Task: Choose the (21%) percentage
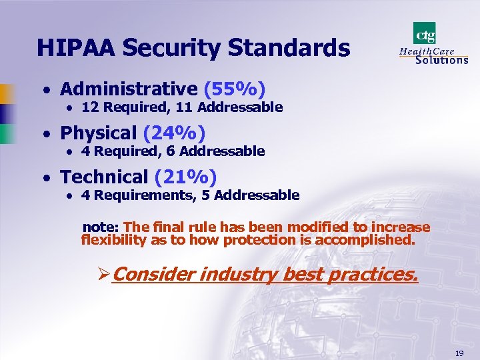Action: click(186, 177)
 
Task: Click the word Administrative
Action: click(129, 89)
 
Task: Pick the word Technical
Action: click(104, 177)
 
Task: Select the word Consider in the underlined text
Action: click(153, 273)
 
